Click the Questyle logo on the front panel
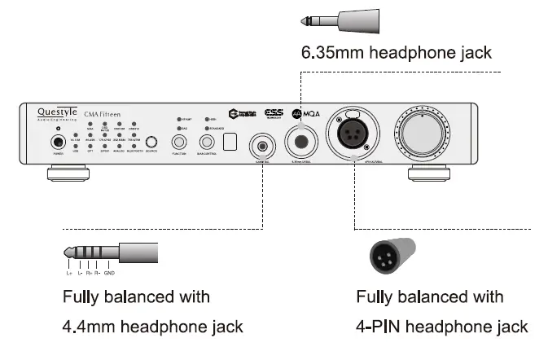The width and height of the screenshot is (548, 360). (x=56, y=114)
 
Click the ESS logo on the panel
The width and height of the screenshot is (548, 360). (x=274, y=115)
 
